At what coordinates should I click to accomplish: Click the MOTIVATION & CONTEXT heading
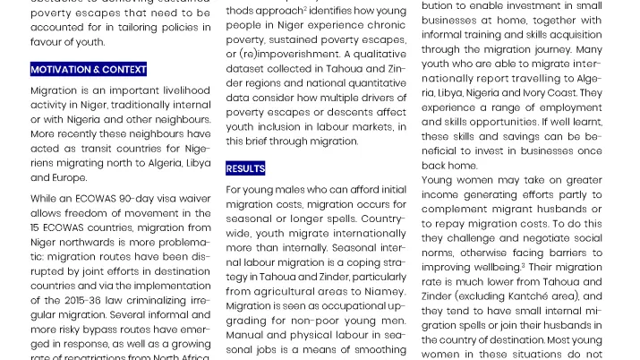click(88, 69)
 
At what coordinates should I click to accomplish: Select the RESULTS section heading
click(245, 168)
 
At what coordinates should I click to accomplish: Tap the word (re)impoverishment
click(280, 55)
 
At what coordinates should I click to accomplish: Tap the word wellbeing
click(495, 267)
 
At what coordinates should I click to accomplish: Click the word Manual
click(246, 334)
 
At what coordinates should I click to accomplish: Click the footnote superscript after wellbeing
click(524, 264)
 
